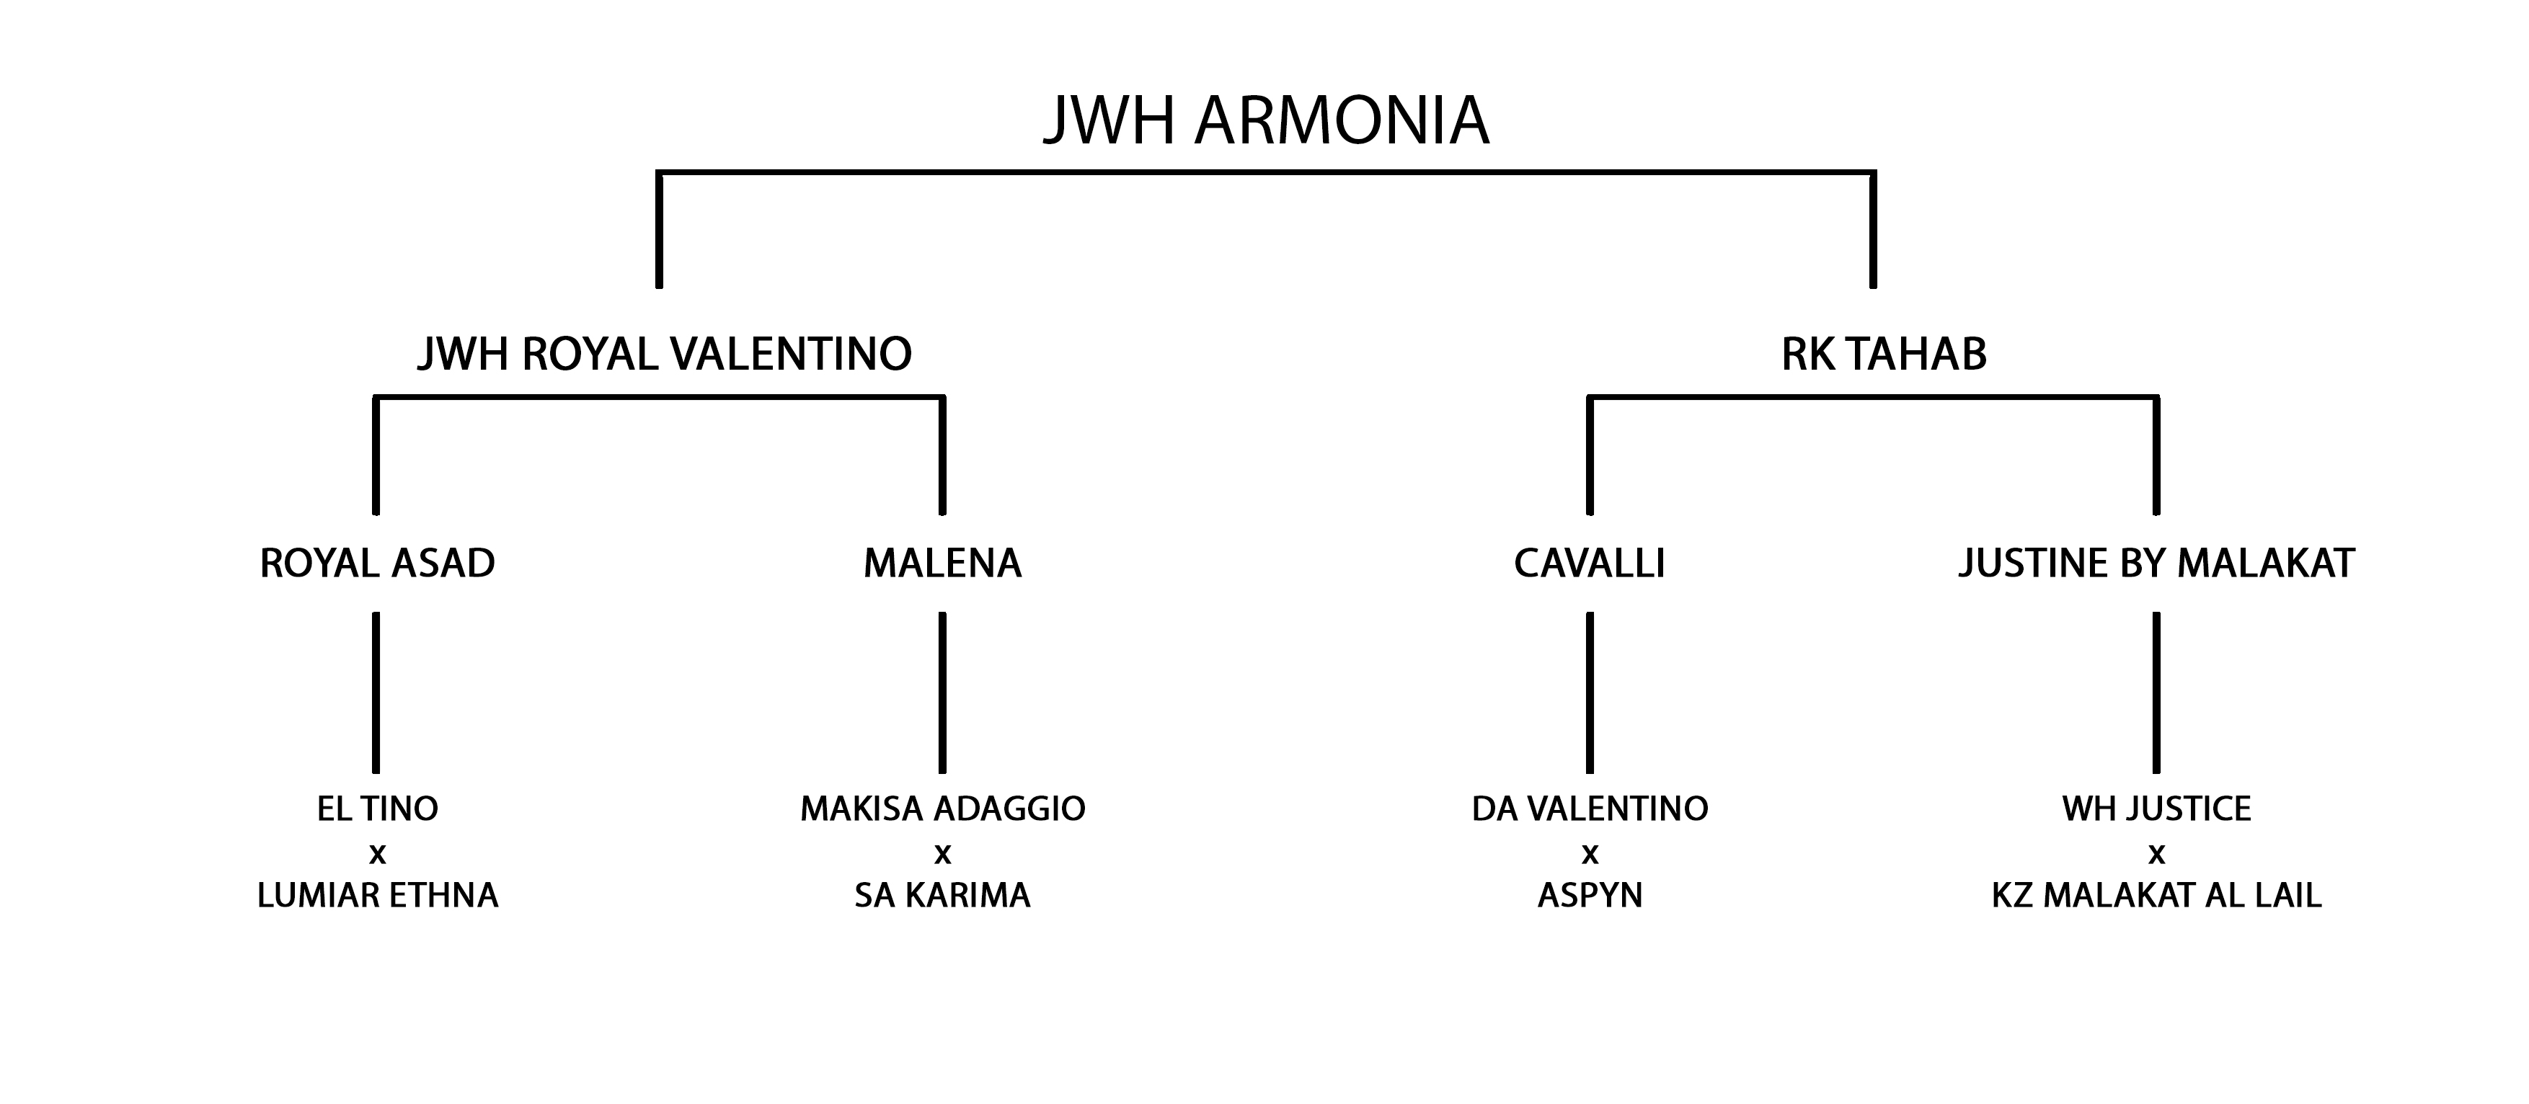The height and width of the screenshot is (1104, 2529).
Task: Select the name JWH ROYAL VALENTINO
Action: click(x=665, y=355)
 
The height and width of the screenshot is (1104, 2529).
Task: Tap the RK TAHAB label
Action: click(x=1884, y=355)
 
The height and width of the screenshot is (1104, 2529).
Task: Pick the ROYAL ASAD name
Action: click(x=377, y=564)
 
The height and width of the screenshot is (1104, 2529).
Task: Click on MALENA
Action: click(x=942, y=564)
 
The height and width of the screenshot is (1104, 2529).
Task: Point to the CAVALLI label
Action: click(x=1590, y=564)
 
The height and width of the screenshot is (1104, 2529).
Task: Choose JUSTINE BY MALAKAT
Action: click(x=2157, y=564)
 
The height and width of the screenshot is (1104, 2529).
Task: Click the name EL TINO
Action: click(x=377, y=809)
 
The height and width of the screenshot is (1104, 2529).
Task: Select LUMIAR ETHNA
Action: click(x=377, y=895)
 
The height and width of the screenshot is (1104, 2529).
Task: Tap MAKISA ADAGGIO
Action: click(x=942, y=809)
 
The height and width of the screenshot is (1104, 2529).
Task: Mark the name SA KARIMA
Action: click(x=942, y=895)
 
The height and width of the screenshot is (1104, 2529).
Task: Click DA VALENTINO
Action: click(x=1590, y=809)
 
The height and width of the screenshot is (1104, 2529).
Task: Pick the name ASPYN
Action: click(x=1590, y=895)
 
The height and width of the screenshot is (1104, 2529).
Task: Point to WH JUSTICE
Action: click(x=2157, y=809)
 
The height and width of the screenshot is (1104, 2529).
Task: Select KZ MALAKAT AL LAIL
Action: click(x=2157, y=895)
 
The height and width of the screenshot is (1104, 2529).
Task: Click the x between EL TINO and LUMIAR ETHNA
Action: click(x=377, y=855)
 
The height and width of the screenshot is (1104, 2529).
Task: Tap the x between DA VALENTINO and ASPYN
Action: click(x=1590, y=855)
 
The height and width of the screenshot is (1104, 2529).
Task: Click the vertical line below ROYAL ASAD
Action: click(x=376, y=693)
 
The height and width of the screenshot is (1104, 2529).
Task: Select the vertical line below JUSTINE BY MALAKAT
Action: click(x=2156, y=693)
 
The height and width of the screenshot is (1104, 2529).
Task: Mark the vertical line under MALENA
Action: click(x=942, y=693)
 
